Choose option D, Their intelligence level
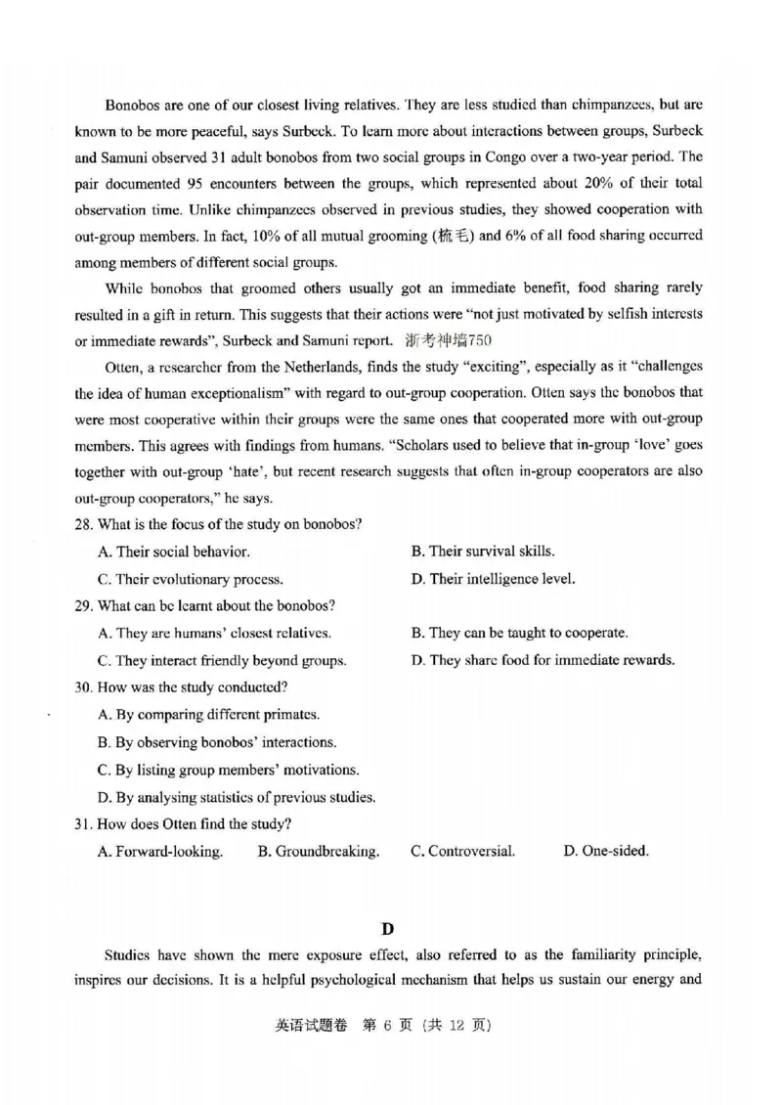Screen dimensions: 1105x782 tap(493, 579)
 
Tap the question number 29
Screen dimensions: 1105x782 tap(84, 605)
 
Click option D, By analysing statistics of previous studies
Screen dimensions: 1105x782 tap(237, 796)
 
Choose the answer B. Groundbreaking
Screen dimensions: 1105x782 tap(319, 851)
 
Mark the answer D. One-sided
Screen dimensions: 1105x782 tap(606, 851)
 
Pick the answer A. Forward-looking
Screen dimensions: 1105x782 tap(160, 851)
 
